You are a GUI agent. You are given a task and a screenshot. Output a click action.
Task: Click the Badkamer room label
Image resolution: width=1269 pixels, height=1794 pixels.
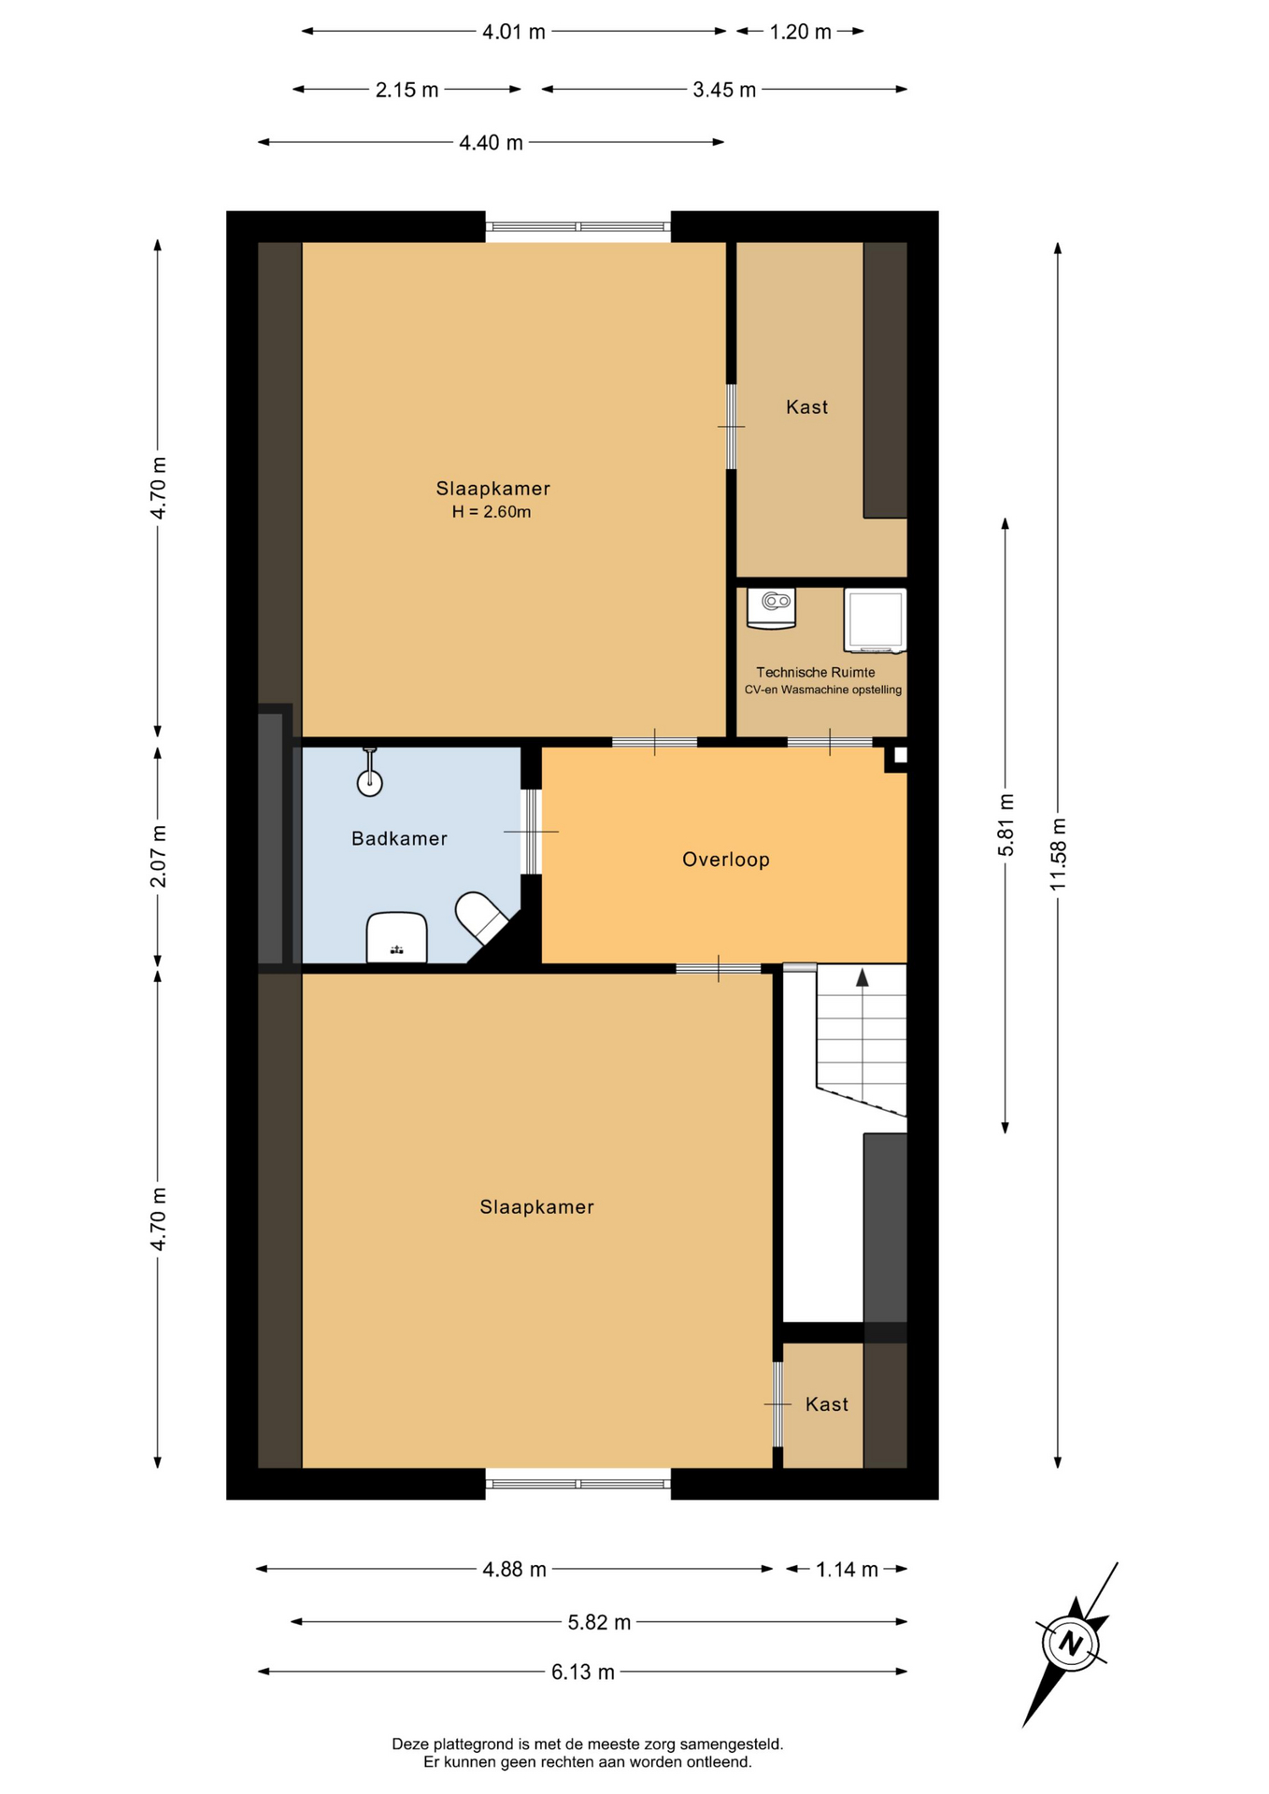pos(399,838)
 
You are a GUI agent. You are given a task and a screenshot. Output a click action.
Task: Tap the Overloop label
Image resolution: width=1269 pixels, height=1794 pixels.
pos(726,860)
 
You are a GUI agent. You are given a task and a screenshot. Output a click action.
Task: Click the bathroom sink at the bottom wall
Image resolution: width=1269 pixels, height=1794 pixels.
pos(397,937)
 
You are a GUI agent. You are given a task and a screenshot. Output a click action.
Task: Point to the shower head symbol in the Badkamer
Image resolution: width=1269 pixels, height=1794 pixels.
pos(370,772)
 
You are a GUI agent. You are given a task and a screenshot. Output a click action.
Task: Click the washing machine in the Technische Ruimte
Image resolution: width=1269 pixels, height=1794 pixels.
pos(876,619)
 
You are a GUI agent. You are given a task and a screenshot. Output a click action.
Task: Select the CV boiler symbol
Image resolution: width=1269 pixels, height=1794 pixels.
pos(771,608)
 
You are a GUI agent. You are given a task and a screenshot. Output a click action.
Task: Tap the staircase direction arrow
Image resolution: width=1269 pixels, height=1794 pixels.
pos(863,977)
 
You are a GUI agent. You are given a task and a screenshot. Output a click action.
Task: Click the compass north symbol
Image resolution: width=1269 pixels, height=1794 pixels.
pos(1071,1644)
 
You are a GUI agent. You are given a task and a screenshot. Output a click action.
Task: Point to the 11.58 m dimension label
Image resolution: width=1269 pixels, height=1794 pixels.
pos(1058,854)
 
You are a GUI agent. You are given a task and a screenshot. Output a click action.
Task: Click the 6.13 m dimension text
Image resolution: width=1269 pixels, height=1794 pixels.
pos(583,1672)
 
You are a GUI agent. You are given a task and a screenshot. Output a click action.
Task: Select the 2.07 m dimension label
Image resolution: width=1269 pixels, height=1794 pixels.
pos(158,856)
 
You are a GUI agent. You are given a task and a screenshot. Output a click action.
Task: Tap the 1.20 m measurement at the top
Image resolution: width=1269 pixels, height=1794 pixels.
pos(800,32)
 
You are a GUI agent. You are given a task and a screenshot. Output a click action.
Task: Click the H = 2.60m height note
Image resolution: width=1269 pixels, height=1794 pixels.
pos(492,512)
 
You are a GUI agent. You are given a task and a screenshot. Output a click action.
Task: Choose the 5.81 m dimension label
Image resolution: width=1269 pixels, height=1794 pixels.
pos(1005,825)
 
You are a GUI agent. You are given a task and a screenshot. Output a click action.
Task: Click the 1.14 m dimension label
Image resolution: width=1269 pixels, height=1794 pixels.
pos(847,1570)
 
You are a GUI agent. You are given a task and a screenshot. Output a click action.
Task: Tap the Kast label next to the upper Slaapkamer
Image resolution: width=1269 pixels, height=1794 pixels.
pos(806,406)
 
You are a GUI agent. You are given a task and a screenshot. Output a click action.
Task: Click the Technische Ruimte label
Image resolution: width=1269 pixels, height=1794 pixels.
pos(816,672)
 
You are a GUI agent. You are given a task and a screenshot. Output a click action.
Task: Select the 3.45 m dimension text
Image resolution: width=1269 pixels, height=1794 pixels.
pos(724,90)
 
